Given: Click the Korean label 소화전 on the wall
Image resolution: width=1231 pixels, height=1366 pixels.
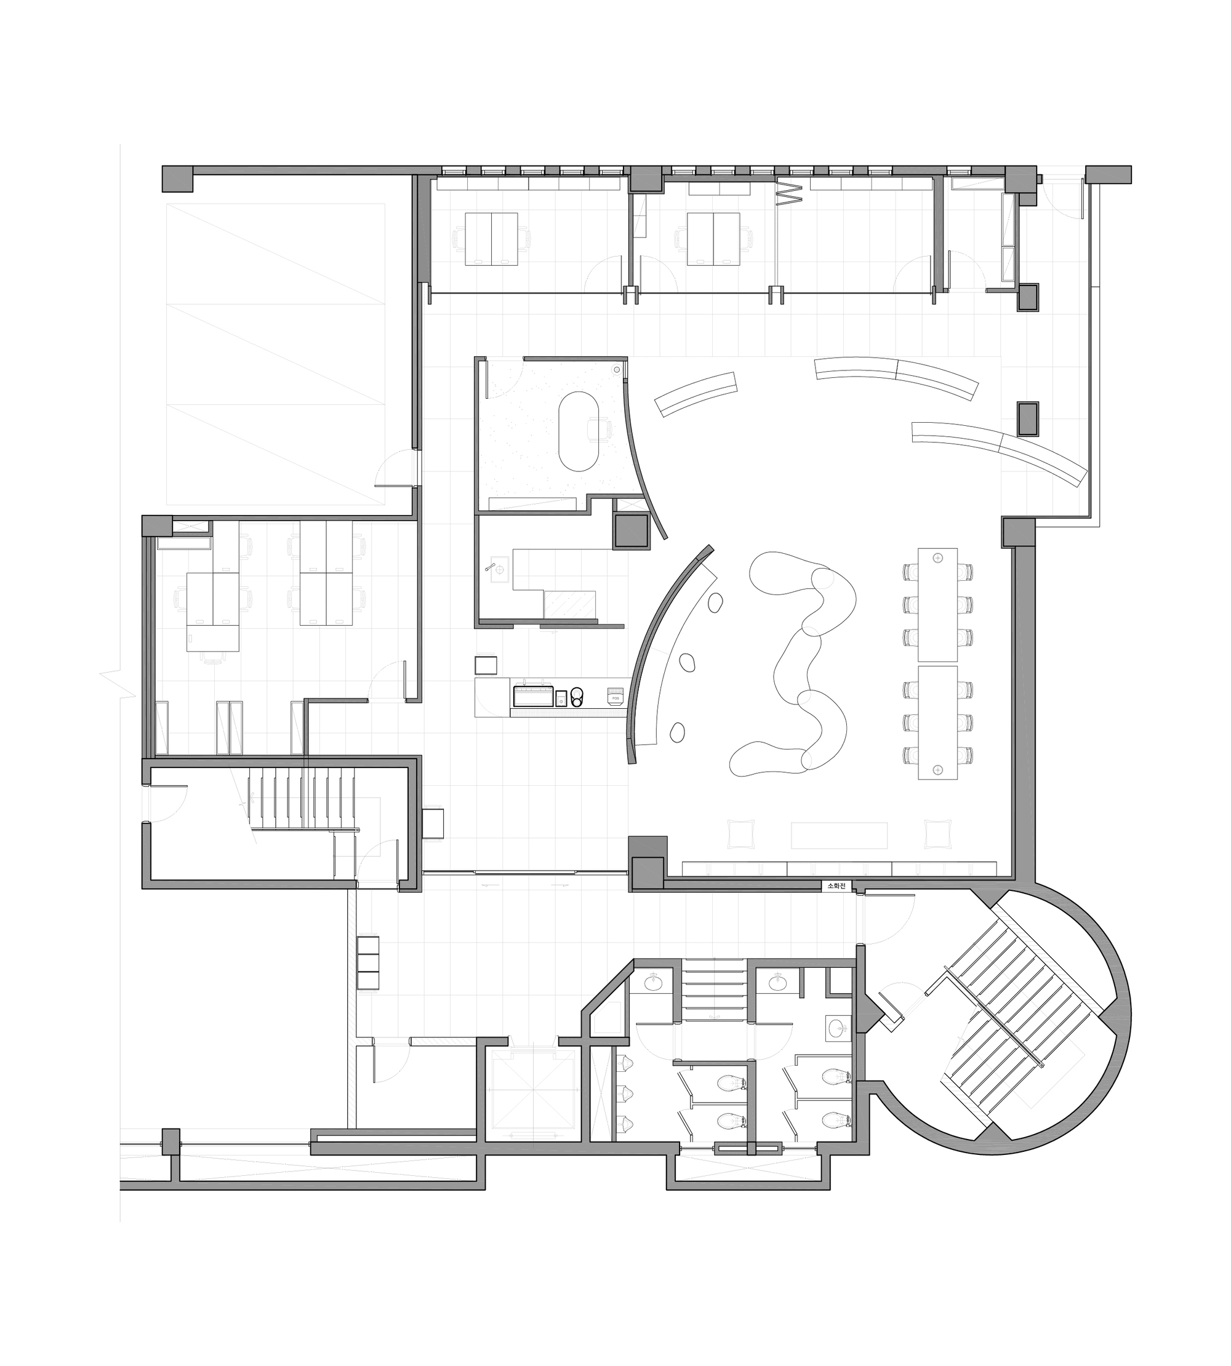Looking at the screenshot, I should click(x=836, y=886).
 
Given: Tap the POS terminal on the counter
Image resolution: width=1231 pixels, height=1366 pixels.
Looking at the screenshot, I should click(x=615, y=696).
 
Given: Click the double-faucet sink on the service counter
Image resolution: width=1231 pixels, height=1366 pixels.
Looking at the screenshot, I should click(x=534, y=696).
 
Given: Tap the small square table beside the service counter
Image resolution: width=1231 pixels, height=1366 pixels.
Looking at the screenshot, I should click(x=486, y=665).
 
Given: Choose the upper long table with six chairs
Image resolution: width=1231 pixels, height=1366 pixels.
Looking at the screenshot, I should click(x=937, y=605).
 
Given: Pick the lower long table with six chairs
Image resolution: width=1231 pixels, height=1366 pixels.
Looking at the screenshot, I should click(x=937, y=723).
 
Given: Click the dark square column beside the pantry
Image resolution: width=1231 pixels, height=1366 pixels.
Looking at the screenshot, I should click(x=630, y=531).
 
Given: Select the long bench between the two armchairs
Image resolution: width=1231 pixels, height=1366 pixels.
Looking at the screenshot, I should click(x=839, y=834).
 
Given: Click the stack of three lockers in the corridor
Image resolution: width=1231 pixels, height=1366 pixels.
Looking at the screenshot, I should click(x=369, y=963).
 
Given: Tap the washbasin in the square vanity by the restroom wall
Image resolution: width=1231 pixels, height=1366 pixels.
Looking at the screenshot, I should click(x=839, y=1029).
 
